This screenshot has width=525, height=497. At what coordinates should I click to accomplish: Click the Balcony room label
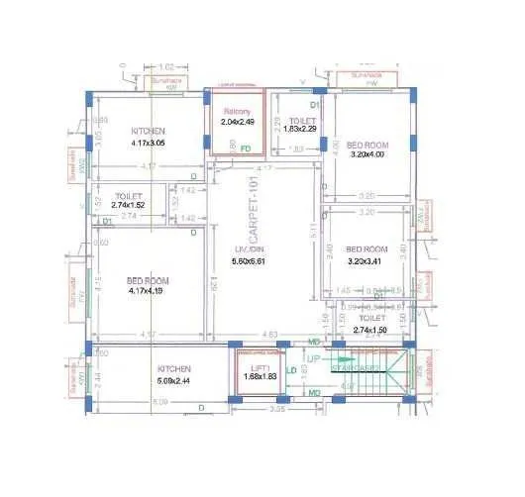click(x=237, y=111)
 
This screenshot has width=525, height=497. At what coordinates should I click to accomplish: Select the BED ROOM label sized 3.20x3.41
click(x=366, y=249)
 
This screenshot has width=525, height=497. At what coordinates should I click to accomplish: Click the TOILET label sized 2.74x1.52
click(x=130, y=196)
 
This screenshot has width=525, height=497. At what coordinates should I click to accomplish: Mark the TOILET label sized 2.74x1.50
click(x=372, y=318)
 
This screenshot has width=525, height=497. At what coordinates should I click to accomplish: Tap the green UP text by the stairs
click(x=313, y=356)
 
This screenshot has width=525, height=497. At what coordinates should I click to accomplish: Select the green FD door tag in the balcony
click(x=246, y=148)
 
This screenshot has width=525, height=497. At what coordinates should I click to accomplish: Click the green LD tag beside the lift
click(x=291, y=370)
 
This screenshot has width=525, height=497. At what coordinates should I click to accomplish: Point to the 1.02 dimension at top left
click(x=166, y=67)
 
